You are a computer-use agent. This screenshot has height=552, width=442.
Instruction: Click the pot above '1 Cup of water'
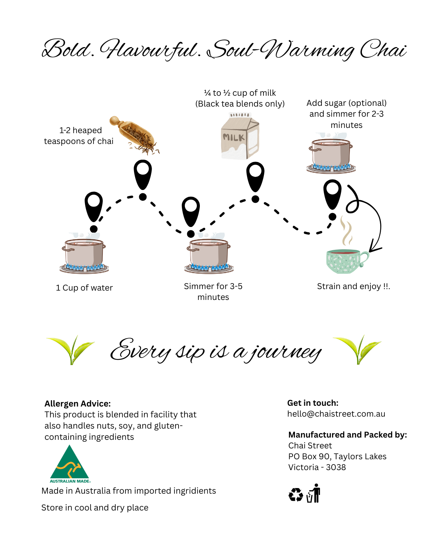[x=84, y=255]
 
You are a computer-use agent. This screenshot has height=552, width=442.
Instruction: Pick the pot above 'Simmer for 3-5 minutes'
[x=209, y=255]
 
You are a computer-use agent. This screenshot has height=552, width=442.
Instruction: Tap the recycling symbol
[x=296, y=495]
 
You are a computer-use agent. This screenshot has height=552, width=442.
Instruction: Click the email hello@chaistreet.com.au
[x=336, y=414]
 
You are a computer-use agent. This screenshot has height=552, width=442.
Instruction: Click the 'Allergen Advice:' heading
[x=77, y=404]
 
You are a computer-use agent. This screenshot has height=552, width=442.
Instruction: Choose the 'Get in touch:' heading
[x=313, y=403]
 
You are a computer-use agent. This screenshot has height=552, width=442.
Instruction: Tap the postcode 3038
[x=336, y=467]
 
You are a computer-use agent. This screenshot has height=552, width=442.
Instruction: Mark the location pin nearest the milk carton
[x=255, y=177]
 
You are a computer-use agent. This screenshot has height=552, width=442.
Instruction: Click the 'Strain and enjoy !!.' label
[x=353, y=286]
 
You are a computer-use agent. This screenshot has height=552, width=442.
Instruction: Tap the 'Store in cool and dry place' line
[x=95, y=507]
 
